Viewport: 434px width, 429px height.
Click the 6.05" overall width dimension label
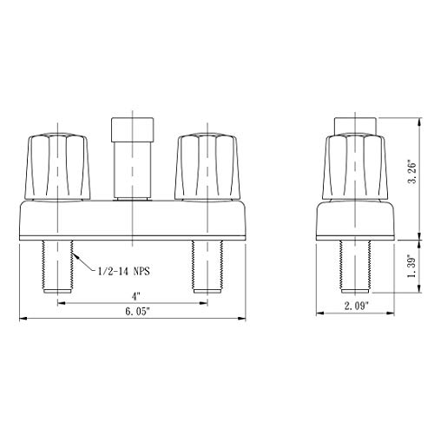point(137,312)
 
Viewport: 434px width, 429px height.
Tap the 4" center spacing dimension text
point(136,296)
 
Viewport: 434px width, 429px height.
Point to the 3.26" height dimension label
point(411,171)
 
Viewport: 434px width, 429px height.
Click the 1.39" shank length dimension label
point(411,266)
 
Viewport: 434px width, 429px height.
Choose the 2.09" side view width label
point(357,306)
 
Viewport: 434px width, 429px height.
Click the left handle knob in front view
point(57,167)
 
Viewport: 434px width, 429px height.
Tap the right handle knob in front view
point(207,167)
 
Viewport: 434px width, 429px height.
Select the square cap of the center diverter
point(132,129)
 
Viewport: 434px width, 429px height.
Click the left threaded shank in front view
point(57,267)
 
